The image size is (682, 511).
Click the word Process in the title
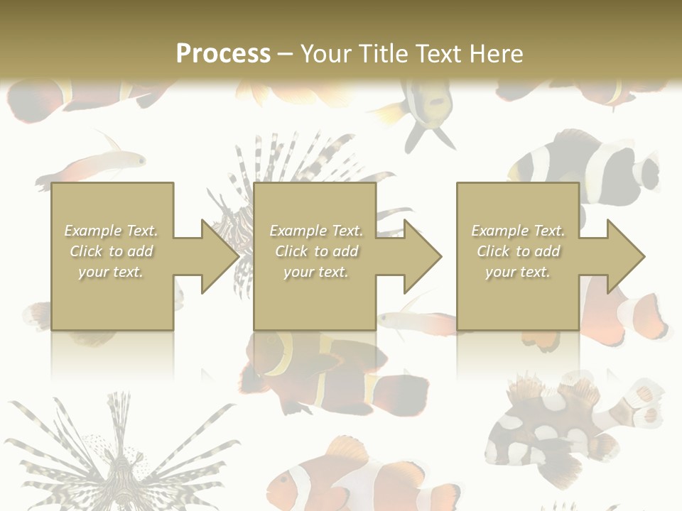click(223, 53)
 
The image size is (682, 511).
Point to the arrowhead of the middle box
click(421, 256)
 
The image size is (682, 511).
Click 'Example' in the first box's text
click(92, 231)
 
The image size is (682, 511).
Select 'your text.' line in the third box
click(517, 272)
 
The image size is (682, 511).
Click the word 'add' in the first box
click(140, 251)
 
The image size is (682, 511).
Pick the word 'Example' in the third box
click(499, 231)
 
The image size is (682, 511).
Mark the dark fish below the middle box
click(334, 369)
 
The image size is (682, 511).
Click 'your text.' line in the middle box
click(315, 272)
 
